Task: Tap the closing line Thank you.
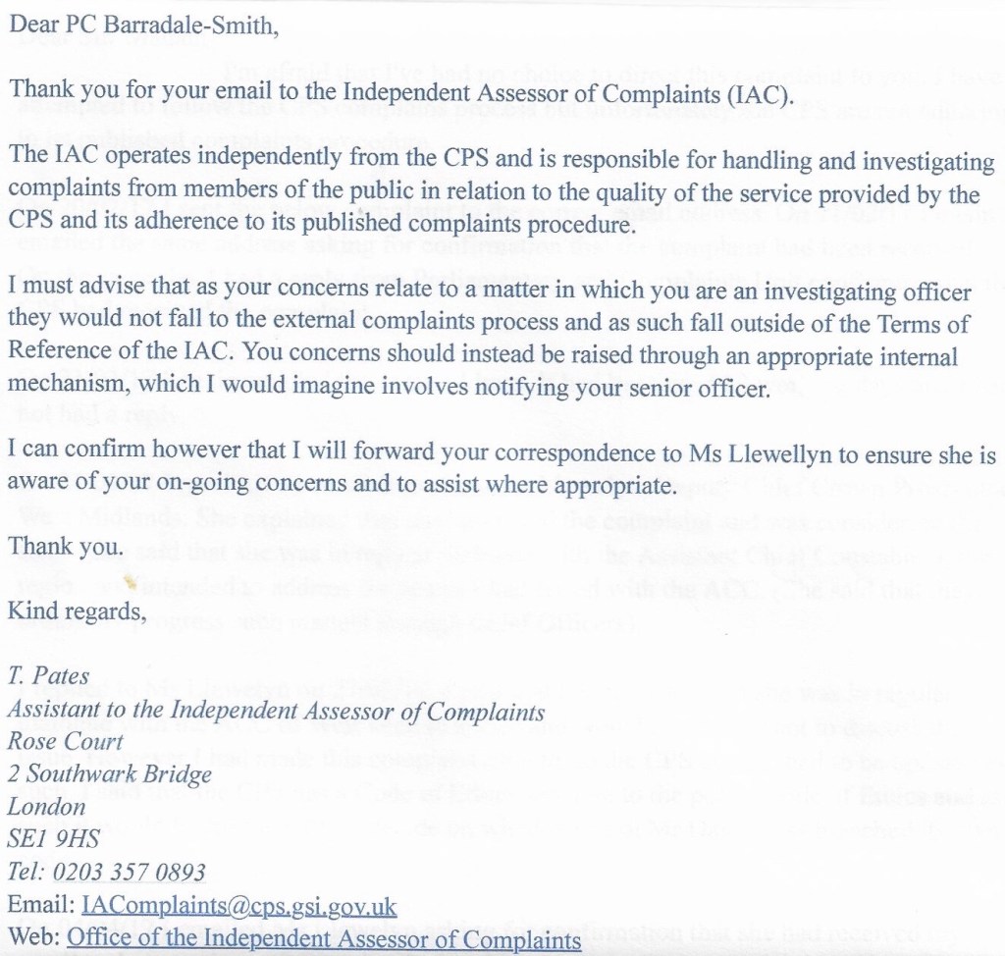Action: tap(66, 548)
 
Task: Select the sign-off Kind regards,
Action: tap(78, 612)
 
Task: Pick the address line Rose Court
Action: tap(66, 741)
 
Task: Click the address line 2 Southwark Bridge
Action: tap(109, 773)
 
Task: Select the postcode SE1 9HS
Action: tap(55, 839)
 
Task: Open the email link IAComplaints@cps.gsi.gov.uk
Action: tap(239, 905)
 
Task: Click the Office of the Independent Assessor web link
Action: tap(324, 939)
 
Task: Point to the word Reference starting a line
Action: tap(54, 355)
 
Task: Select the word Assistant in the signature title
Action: tap(50, 710)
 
